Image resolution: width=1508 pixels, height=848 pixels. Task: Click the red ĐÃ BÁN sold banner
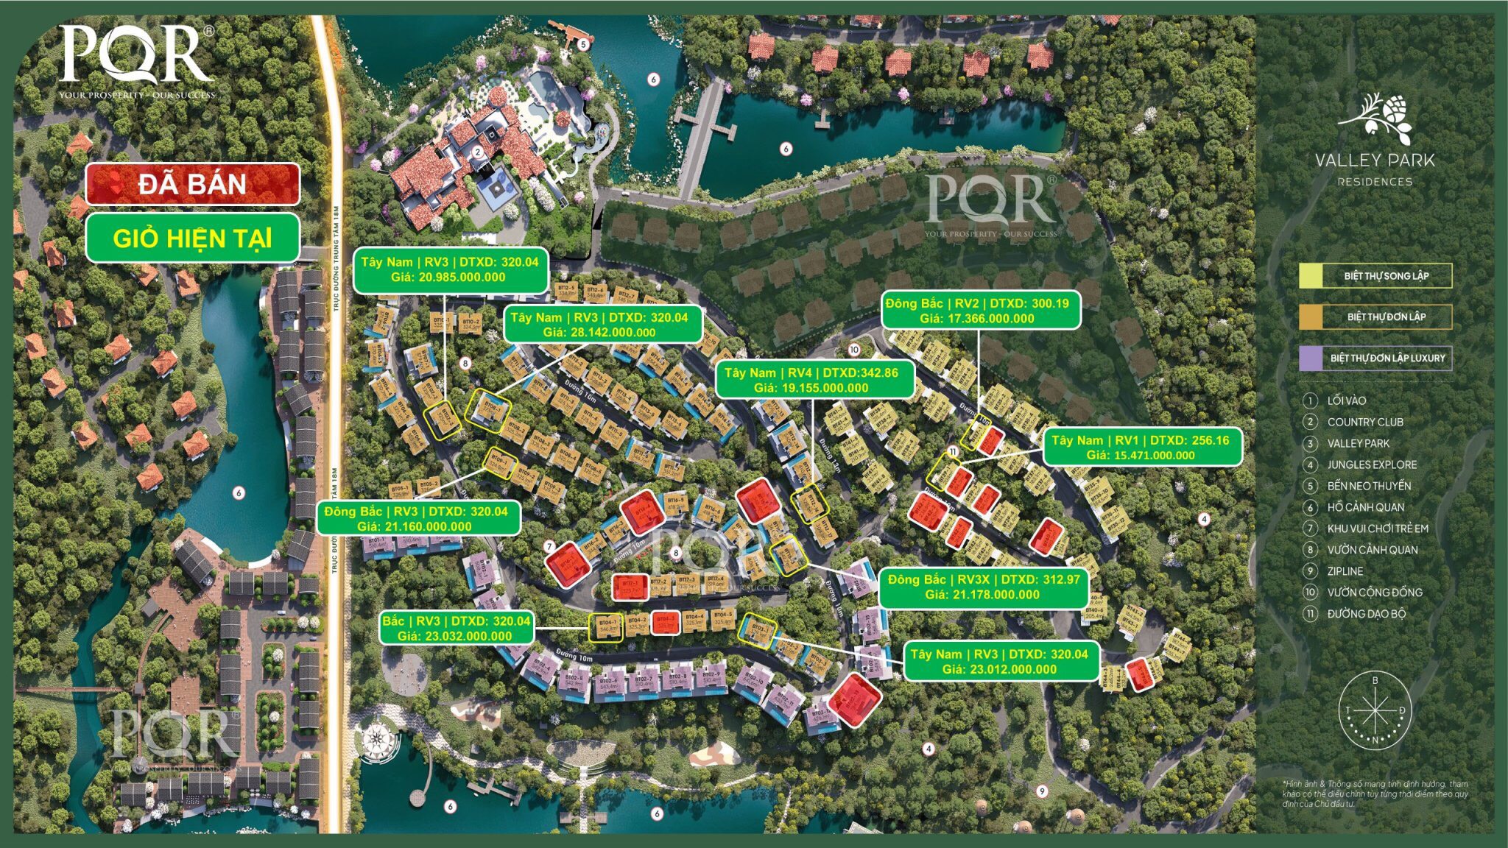tap(193, 184)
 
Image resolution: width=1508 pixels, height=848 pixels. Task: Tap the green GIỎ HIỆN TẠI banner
tap(193, 238)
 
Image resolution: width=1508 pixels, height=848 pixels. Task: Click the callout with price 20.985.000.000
tap(449, 269)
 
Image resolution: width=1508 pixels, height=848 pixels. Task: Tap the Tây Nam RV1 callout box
tap(1141, 448)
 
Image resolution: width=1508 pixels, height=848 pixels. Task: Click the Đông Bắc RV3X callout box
tap(983, 587)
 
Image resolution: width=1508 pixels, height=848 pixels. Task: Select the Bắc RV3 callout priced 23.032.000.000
tap(456, 628)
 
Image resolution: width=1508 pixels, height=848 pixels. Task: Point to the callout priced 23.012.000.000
tap(999, 661)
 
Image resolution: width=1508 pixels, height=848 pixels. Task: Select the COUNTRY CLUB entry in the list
tap(1364, 422)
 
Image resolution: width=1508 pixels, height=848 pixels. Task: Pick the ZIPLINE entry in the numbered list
tap(1345, 571)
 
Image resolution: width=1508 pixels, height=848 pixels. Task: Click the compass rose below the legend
tap(1375, 710)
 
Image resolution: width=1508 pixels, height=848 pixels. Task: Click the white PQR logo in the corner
tap(137, 59)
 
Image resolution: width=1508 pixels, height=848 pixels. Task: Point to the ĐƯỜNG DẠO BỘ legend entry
tap(1366, 614)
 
